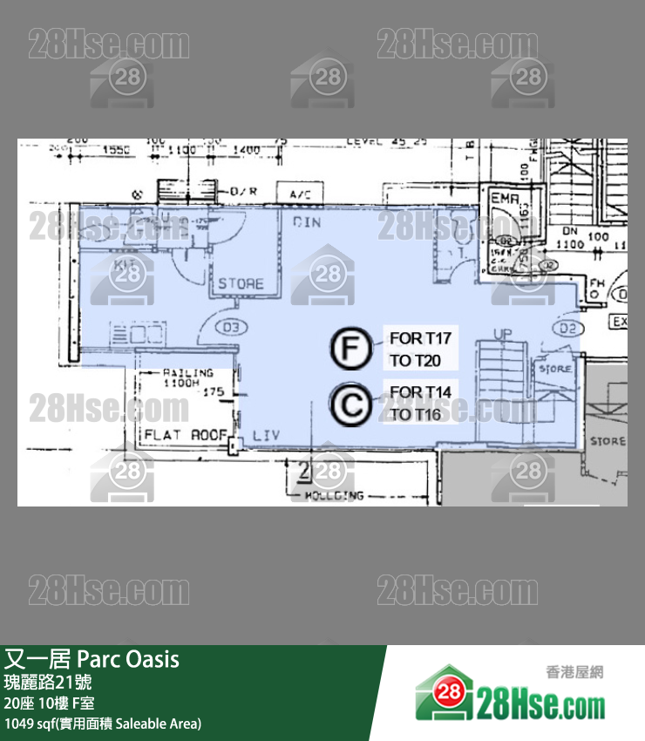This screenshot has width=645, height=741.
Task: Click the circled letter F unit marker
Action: (350, 350)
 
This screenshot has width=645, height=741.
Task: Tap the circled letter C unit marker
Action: (350, 404)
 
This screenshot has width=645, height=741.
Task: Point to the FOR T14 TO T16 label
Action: (421, 403)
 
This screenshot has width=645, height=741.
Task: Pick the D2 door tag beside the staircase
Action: (593, 328)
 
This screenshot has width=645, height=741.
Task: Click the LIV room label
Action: (265, 433)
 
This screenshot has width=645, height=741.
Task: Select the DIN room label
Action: (307, 222)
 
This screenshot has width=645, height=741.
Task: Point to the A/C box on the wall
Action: (299, 194)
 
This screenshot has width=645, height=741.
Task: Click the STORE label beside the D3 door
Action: (241, 283)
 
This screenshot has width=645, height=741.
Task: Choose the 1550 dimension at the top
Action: (116, 149)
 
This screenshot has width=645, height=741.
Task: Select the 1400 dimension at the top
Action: (247, 150)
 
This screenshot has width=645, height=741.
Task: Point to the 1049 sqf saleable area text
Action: (103, 723)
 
